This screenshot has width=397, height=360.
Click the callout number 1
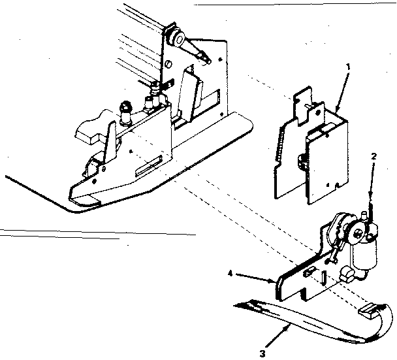click(x=349, y=67)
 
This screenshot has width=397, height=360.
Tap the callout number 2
click(x=374, y=156)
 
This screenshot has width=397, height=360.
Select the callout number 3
click(x=262, y=353)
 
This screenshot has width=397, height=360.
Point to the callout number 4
click(x=230, y=274)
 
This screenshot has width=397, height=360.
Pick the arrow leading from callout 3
click(x=278, y=337)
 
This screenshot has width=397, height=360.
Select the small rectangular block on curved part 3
click(x=369, y=310)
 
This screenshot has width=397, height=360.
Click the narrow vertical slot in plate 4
click(x=324, y=278)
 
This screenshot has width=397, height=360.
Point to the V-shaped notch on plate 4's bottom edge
click(x=303, y=295)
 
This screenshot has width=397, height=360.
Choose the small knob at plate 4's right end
click(x=347, y=274)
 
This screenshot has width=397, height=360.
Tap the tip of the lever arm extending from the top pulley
click(x=208, y=60)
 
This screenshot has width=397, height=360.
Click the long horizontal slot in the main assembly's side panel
click(x=149, y=166)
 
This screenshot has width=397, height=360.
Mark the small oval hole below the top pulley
click(x=169, y=63)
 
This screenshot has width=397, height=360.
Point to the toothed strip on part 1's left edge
click(x=279, y=144)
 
